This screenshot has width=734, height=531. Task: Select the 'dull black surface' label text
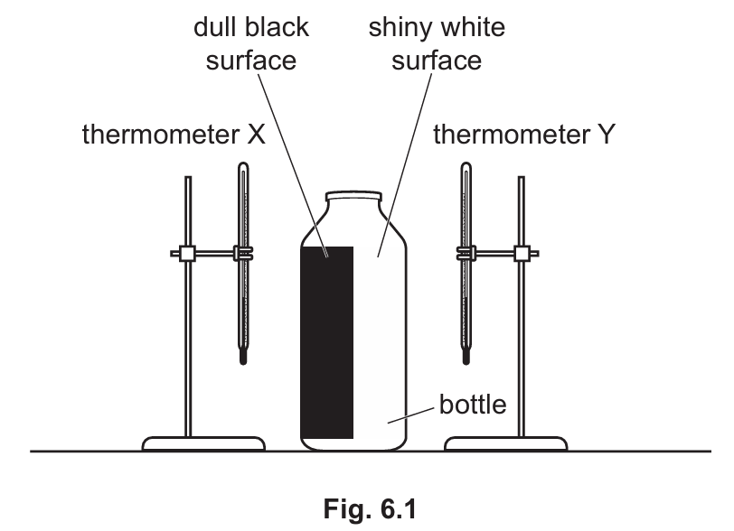tap(251, 44)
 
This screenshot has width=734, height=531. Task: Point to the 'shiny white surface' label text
tap(437, 44)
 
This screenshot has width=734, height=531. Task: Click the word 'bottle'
tap(474, 403)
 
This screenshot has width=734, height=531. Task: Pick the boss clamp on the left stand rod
tap(188, 255)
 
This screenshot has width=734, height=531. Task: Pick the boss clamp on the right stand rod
tap(521, 255)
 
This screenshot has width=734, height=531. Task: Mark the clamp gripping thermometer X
tap(243, 255)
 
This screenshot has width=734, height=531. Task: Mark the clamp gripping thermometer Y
tap(466, 255)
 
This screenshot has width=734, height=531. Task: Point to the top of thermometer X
tap(243, 166)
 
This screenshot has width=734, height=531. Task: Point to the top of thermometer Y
tap(466, 166)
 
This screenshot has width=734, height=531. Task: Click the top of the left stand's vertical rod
tap(188, 180)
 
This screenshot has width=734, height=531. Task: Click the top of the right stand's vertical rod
tap(521, 180)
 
